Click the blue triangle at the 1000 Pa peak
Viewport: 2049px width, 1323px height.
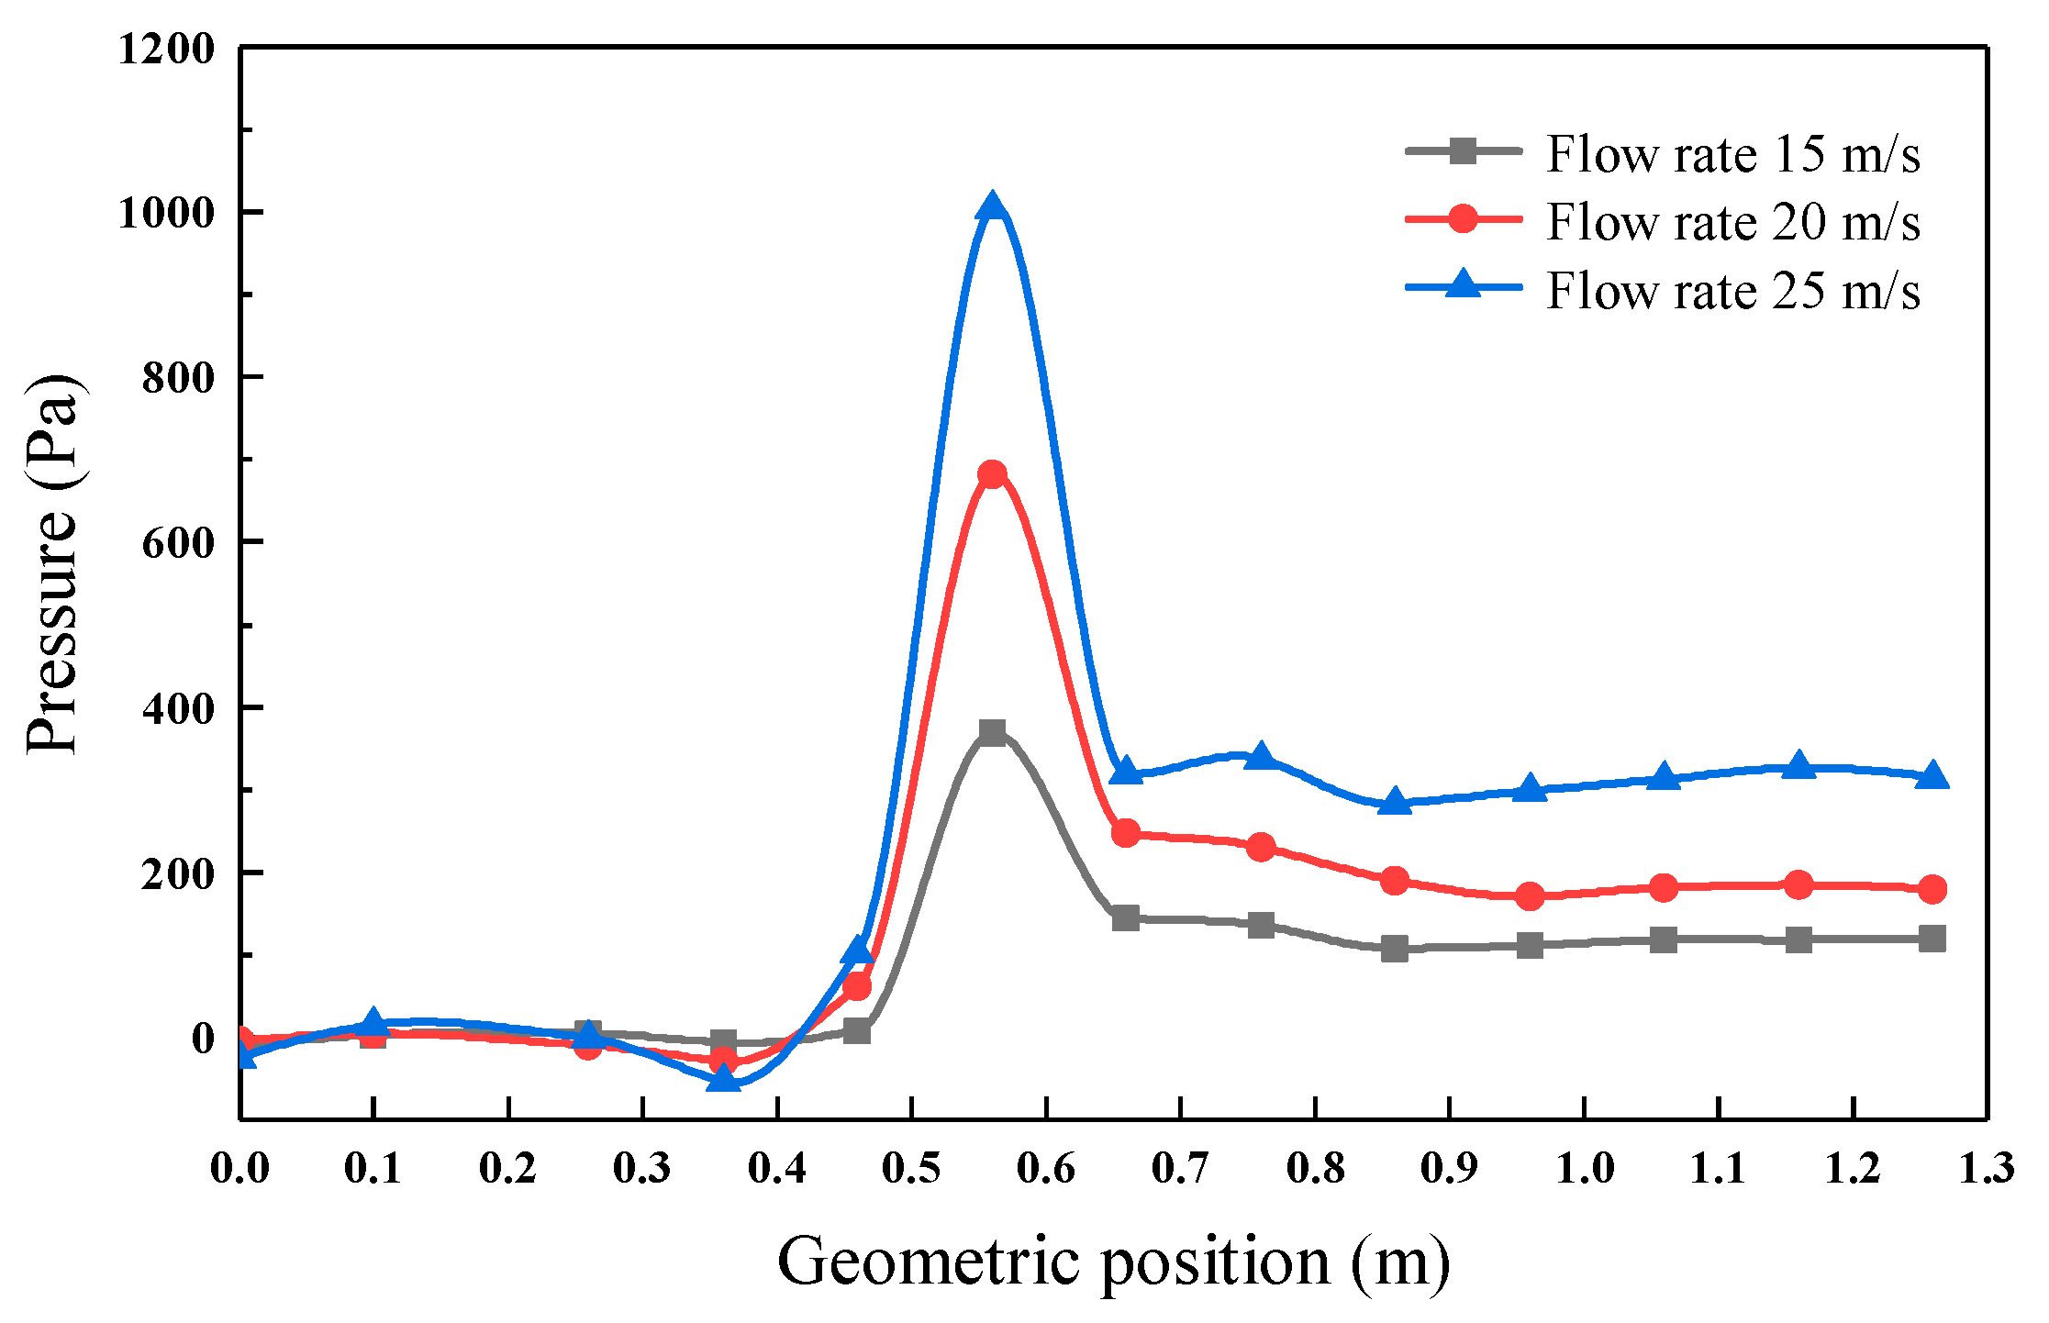pos(992,207)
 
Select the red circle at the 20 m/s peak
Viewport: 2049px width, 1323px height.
pos(992,474)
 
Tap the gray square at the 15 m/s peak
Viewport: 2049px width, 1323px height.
pos(992,732)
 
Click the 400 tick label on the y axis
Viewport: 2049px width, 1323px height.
pos(178,708)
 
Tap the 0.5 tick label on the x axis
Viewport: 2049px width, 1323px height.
pos(911,1168)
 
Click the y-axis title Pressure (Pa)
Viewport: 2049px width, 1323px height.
pos(53,564)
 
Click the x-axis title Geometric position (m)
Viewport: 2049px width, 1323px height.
pos(1113,1262)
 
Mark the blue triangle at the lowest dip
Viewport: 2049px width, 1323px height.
pos(723,1079)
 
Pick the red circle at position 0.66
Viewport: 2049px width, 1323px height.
pos(1126,833)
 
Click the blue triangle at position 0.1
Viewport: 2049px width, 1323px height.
pos(373,1022)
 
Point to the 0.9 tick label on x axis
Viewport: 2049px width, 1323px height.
pos(1449,1168)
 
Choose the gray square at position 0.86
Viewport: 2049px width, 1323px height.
pos(1395,949)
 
